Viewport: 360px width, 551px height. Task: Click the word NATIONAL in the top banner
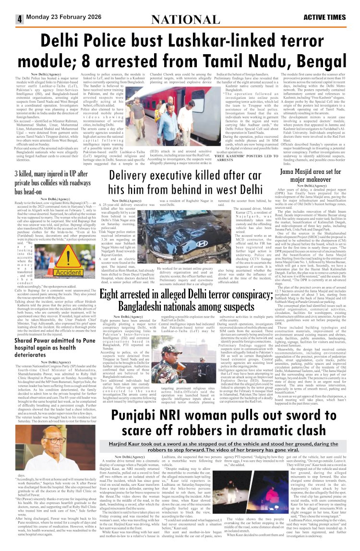click(180, 19)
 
